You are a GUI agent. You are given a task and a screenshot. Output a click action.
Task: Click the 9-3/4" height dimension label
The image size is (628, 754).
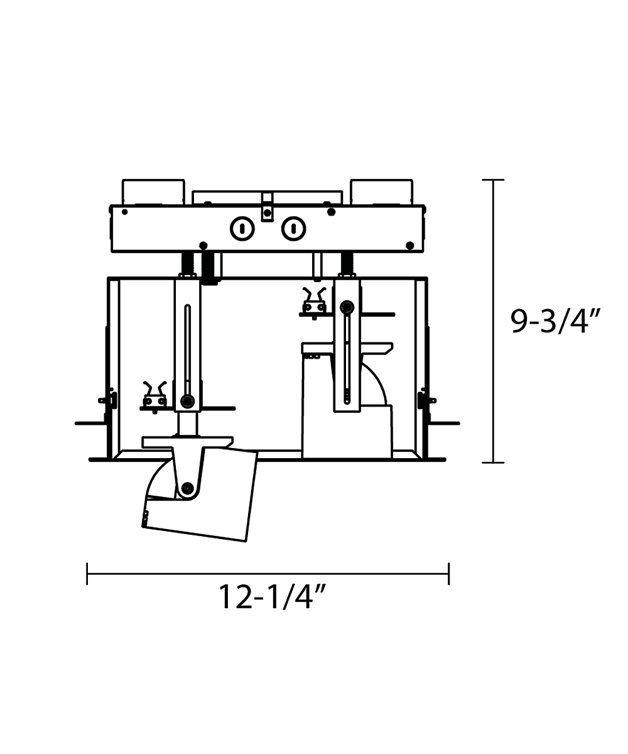[555, 322]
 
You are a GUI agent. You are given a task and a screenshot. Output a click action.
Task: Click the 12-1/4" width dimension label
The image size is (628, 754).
[273, 598]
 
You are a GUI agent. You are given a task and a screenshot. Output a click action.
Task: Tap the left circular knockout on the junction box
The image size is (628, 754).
[242, 229]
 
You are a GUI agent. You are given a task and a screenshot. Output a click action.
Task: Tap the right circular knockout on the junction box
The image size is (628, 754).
[293, 229]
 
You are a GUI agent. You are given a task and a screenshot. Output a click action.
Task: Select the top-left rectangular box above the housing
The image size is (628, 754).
[153, 192]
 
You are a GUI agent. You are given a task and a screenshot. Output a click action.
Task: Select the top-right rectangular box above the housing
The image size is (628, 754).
[381, 192]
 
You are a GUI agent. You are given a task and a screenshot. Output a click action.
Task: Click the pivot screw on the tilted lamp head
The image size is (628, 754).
[187, 489]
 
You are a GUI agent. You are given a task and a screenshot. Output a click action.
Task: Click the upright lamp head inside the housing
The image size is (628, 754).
[347, 401]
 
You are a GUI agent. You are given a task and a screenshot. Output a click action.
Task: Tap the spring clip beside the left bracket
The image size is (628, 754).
[155, 397]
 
